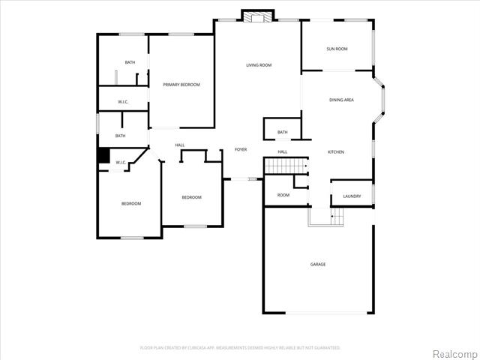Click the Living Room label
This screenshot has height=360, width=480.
click(x=259, y=65)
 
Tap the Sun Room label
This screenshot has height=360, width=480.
click(x=337, y=49)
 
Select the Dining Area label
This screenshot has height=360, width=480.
click(x=341, y=100)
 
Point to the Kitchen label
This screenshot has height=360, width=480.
click(x=336, y=152)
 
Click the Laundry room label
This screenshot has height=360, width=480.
click(x=352, y=196)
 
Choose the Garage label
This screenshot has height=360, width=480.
click(x=318, y=264)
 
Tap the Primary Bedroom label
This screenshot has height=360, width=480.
click(x=181, y=85)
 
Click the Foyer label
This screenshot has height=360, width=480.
click(x=241, y=149)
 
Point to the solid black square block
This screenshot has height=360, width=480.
click(x=104, y=155)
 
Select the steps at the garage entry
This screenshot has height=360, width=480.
click(x=325, y=216)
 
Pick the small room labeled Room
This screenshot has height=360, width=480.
click(x=283, y=195)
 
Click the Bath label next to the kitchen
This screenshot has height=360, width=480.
click(x=282, y=133)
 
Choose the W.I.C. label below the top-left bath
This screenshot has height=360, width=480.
click(x=124, y=101)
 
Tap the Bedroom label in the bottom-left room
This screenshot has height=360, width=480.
click(x=131, y=203)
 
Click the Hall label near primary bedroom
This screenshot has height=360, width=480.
click(x=180, y=145)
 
